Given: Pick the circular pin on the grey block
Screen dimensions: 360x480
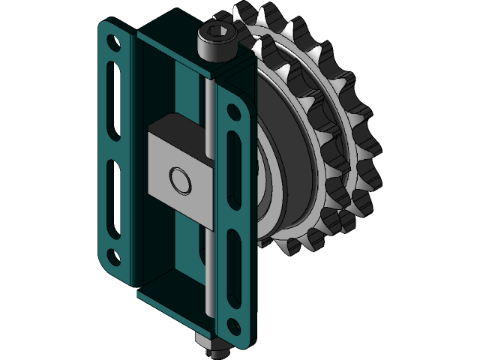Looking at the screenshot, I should (x=180, y=180).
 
